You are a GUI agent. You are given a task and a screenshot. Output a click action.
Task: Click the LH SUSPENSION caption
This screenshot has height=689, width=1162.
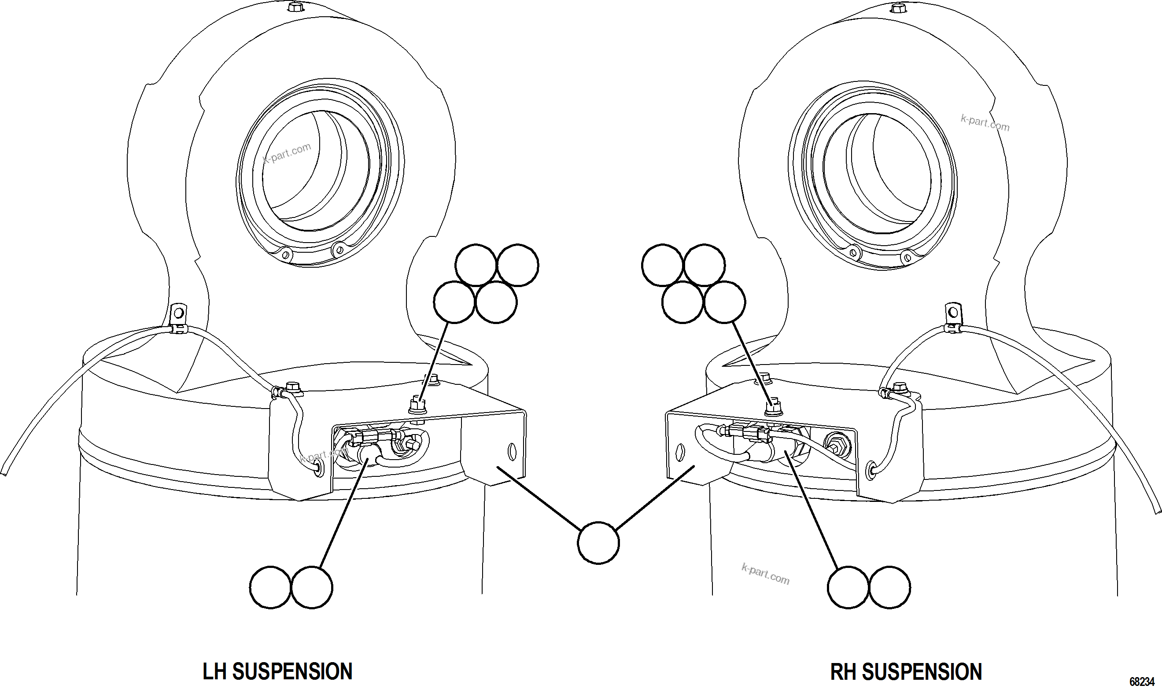(277, 671)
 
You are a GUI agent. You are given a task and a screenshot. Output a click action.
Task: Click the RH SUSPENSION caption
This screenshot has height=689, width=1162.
(906, 671)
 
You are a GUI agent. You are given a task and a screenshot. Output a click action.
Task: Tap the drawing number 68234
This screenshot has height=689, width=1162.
(1142, 682)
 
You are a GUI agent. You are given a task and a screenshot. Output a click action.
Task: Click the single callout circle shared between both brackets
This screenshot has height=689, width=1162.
(598, 543)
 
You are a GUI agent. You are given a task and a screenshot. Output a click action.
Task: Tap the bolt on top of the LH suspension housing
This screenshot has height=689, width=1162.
(294, 7)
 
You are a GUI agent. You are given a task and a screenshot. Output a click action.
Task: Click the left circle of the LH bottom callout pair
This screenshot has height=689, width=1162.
(270, 587)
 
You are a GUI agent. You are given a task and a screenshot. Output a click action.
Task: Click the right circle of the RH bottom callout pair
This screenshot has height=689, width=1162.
(889, 587)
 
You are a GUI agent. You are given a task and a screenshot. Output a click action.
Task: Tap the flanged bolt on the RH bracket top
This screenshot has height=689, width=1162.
(772, 407)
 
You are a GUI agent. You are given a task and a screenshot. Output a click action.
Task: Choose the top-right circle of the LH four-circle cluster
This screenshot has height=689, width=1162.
(518, 265)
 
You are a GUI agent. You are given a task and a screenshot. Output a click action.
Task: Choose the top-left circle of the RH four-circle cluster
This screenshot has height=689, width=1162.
(663, 265)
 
